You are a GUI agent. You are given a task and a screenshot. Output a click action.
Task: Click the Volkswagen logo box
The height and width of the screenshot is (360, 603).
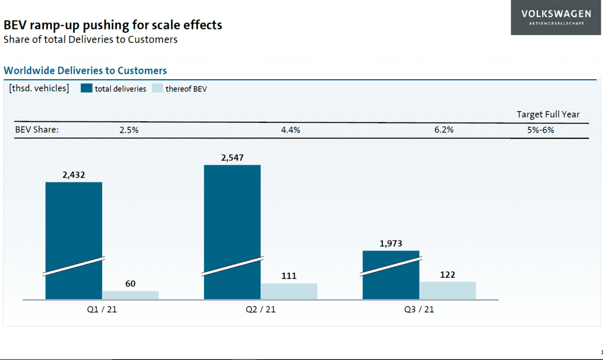(556, 17)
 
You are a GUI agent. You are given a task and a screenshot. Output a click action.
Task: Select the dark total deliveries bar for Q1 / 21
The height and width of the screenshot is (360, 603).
(74, 241)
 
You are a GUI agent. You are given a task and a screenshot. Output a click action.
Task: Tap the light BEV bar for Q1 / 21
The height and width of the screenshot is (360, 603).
(130, 295)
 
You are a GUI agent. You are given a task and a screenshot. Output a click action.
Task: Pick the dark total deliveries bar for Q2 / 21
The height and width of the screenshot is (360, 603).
(232, 232)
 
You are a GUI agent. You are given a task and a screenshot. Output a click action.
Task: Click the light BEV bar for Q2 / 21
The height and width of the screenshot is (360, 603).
(289, 291)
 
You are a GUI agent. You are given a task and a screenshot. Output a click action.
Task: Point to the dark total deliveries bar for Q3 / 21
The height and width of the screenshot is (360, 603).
(391, 275)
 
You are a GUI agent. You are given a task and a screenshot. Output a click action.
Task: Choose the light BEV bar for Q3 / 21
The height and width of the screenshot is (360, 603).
(448, 290)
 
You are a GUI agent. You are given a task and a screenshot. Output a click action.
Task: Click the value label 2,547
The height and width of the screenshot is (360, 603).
(232, 158)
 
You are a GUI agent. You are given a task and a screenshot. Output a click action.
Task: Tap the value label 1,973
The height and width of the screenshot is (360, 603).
(391, 243)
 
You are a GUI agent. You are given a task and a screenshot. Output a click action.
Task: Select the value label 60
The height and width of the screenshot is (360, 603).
(130, 284)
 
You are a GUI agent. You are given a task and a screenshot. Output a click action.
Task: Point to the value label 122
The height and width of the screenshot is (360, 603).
(448, 275)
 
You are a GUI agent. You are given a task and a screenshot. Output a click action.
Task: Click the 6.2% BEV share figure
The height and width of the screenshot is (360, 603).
(444, 129)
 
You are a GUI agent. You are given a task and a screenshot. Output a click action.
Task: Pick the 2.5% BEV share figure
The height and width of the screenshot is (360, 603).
(129, 130)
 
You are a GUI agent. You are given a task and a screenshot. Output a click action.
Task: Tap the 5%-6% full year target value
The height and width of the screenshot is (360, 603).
(540, 130)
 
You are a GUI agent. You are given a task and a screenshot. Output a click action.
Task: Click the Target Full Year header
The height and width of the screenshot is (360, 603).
(548, 114)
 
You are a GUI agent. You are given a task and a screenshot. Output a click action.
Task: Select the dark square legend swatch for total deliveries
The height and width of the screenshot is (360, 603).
(87, 88)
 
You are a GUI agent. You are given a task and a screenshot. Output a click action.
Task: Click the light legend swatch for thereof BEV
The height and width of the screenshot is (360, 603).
(157, 88)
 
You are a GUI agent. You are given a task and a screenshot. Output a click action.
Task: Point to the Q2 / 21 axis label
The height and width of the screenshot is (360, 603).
(261, 309)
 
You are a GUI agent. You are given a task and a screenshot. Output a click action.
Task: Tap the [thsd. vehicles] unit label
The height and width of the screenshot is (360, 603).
(39, 88)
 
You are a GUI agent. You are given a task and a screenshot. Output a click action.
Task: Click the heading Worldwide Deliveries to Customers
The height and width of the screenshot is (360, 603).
(85, 70)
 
